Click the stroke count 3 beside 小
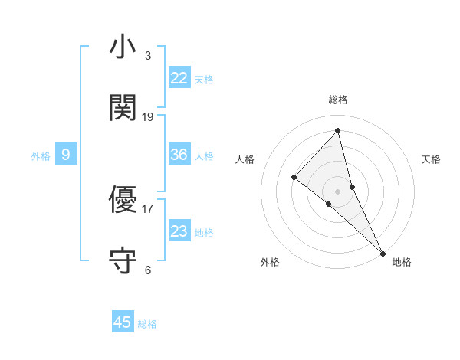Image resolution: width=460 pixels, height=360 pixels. tap(148, 56)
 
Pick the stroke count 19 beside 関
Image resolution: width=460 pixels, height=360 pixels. tap(148, 117)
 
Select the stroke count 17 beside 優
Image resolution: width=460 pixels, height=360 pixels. tap(148, 208)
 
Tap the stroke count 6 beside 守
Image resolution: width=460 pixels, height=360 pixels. tap(148, 270)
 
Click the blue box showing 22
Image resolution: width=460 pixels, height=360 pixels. tap(179, 78)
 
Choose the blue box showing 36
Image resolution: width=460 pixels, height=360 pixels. tap(179, 155)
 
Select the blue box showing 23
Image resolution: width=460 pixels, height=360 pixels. tap(179, 231)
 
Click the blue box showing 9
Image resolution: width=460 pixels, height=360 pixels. tap(66, 155)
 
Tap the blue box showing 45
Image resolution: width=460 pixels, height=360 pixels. tap(123, 322)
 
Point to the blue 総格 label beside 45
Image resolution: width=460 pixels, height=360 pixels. tap(148, 324)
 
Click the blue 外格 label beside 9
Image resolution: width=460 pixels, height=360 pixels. tap(41, 156)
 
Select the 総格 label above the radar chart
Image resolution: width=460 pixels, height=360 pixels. tap(338, 100)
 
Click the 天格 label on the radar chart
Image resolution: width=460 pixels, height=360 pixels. tap(431, 159)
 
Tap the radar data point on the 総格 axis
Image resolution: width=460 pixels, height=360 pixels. tap(338, 131)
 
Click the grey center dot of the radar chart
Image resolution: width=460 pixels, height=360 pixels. tap(338, 191)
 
